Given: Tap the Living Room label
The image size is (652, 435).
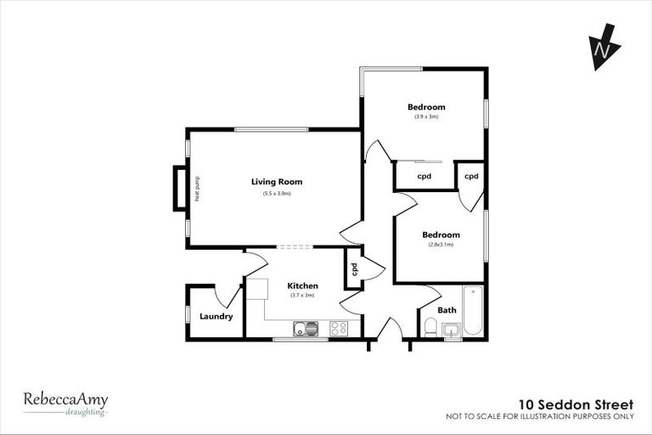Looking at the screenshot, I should pos(277,182).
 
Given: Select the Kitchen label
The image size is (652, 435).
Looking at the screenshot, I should pos(302,285).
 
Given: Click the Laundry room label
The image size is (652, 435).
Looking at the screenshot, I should pos(216,317).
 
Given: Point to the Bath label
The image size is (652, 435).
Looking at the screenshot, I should pos(447,310).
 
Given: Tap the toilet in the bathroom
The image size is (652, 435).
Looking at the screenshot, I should pos(430,329).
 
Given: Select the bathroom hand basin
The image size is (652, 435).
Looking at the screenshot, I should pos(450,330).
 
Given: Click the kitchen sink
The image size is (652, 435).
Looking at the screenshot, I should pos(305,328).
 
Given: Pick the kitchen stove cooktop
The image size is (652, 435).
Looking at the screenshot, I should pos(339,328).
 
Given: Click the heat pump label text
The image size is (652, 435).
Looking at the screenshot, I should pos(196,188).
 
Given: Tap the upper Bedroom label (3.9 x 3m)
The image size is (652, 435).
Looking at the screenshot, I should pos(426,107).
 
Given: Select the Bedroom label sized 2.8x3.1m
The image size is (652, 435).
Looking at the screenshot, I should pos(441,234).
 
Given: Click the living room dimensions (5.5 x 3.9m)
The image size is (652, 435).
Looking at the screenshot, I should pos(277,194).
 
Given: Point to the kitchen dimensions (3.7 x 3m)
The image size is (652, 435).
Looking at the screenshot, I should pos(302,296).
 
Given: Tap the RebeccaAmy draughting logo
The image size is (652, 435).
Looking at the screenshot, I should pos(65,403).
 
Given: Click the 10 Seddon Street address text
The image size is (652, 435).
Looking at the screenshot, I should pos(576,404).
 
